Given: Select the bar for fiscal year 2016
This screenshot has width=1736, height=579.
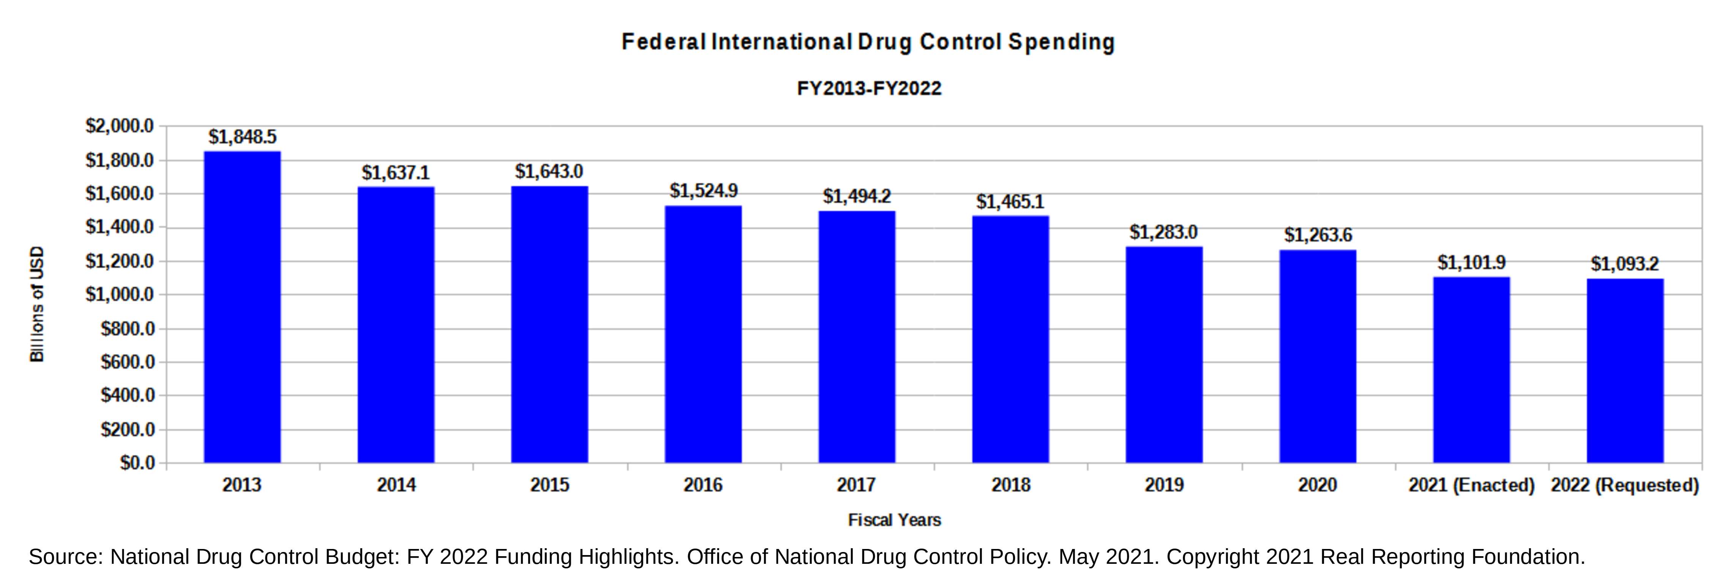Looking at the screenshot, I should coord(703,334).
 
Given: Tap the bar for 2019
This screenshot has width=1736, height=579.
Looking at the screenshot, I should coord(1164,354).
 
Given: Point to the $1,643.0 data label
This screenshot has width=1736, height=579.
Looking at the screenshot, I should coord(549,172).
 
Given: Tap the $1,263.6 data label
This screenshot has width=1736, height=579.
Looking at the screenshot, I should coord(1318,235).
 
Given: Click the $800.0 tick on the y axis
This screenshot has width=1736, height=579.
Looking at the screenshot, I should coord(128,329).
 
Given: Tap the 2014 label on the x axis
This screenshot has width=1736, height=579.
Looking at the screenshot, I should coord(396,485).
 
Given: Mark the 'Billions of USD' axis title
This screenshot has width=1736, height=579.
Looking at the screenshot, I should coord(37,304).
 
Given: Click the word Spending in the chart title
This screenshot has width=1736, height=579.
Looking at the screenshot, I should coord(1061,43).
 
